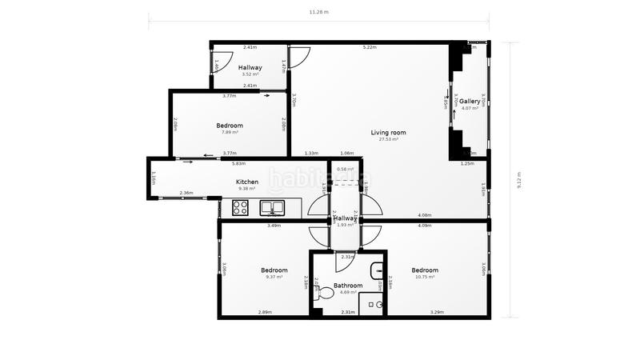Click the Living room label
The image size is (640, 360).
coord(388,132)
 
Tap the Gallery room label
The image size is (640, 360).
coord(470,102)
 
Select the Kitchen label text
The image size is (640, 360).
coord(246,182)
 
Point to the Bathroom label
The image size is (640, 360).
coord(348,286)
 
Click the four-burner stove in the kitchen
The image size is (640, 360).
coord(241,208)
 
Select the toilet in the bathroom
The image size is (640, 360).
coord(326,294)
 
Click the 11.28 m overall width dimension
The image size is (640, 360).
coord(319,13)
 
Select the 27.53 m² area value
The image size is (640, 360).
coord(388,139)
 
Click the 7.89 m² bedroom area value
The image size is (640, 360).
coord(230,132)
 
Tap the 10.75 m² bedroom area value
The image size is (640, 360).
coord(424,277)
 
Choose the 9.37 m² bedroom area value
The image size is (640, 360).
coord(274,277)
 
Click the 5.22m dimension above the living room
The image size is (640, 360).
coord(369,47)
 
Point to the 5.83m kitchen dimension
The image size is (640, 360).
coord(238,164)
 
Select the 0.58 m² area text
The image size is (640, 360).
coord(346,169)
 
